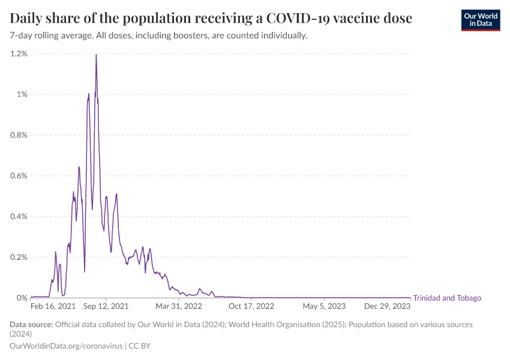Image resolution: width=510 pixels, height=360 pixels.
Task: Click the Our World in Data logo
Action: point(480,19)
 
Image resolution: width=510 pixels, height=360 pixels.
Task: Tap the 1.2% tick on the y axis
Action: point(19,54)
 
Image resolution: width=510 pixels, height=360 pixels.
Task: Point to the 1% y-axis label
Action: point(22,94)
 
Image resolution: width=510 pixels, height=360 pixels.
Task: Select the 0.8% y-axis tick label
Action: point(19,135)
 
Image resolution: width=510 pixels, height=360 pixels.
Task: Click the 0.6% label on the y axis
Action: point(19,176)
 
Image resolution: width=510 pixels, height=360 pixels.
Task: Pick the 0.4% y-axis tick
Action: point(19,217)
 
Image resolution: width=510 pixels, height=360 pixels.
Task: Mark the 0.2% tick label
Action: point(19,257)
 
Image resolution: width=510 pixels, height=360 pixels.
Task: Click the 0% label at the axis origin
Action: point(22,298)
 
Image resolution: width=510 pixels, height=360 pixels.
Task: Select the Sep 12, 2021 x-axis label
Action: point(106,306)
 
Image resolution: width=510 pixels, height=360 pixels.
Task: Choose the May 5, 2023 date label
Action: point(324,306)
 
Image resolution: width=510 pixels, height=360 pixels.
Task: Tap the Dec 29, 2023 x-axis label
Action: point(388,306)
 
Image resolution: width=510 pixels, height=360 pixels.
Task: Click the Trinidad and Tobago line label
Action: point(447,298)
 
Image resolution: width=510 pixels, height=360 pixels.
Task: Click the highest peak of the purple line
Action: point(96,55)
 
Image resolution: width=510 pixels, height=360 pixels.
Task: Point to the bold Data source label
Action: point(31,325)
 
